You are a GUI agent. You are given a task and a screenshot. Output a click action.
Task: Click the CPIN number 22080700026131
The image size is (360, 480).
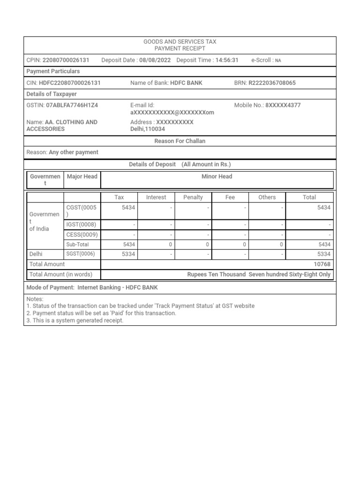tap(66, 60)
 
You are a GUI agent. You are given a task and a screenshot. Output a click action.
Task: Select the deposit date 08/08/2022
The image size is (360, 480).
tap(155, 60)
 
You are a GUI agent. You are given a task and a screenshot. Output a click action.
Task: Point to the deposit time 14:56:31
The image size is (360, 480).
tap(227, 60)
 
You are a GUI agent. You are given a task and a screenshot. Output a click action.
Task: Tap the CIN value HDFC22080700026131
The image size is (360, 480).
tap(69, 83)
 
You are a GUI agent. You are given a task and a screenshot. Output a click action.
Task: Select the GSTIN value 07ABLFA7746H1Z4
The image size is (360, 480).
tap(72, 105)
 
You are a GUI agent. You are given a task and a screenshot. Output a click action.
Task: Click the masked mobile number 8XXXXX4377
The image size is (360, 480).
tap(283, 105)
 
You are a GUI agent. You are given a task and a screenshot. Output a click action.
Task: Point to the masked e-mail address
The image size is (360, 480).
tap(172, 112)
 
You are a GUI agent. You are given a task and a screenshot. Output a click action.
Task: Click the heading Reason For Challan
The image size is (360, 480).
tap(180, 141)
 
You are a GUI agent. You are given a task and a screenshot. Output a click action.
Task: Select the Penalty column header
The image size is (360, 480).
tap(193, 197)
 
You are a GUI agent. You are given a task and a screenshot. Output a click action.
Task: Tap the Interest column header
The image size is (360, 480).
tap(156, 197)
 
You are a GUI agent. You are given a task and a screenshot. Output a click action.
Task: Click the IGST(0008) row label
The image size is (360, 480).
tap(82, 225)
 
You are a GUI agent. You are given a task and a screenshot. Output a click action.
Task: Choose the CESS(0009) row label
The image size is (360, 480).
tap(82, 234)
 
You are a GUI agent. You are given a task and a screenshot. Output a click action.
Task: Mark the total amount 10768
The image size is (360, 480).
tap(322, 264)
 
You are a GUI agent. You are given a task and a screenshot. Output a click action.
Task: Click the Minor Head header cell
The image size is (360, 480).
tap(217, 177)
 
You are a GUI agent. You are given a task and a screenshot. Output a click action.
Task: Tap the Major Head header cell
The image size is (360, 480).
tap(82, 177)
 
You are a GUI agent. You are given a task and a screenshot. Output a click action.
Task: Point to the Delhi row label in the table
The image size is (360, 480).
tap(36, 254)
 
